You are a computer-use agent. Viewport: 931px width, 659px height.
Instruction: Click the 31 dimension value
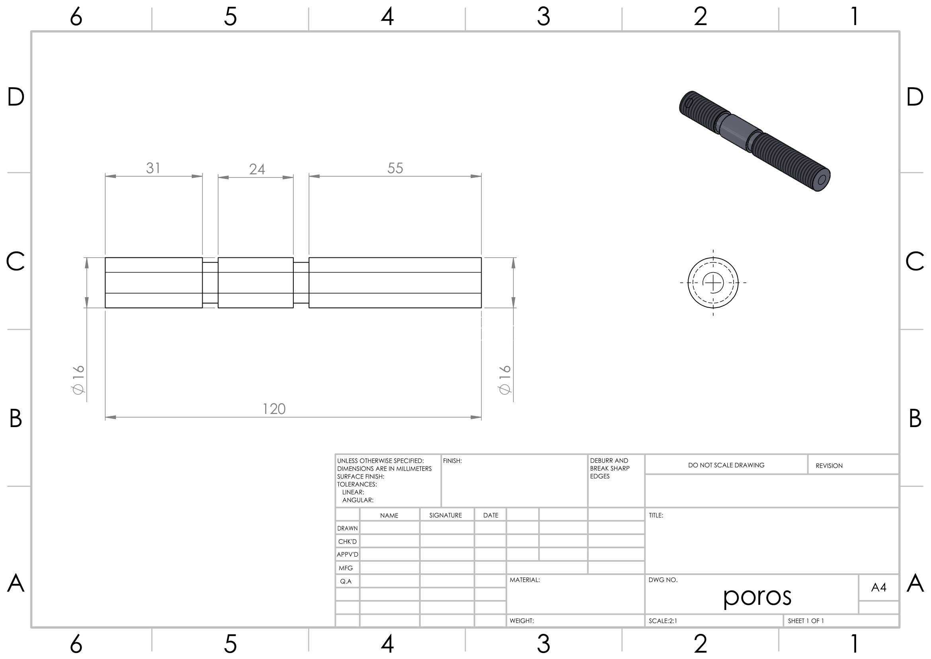(153, 168)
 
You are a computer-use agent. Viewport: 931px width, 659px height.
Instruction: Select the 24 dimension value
(257, 169)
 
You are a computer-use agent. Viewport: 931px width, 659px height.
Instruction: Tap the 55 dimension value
(395, 168)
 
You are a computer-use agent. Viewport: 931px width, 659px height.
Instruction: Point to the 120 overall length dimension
(274, 409)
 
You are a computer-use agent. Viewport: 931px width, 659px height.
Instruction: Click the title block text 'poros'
(757, 596)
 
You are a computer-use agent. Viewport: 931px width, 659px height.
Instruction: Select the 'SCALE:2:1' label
(663, 621)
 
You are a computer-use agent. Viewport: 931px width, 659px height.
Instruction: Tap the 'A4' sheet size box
(879, 587)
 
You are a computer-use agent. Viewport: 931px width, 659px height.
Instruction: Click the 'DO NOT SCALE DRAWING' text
(726, 465)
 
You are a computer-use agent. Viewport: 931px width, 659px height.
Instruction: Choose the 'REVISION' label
(829, 466)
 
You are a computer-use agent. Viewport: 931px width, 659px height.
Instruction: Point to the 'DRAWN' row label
(347, 528)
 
